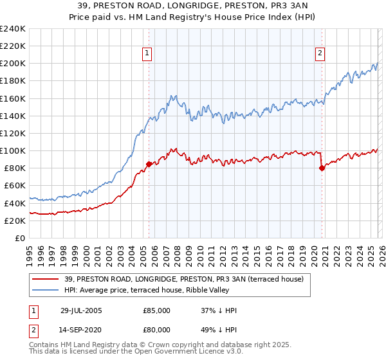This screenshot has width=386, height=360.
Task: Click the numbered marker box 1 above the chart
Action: coord(148,54)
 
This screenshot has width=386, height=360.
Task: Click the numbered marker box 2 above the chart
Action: coord(320,54)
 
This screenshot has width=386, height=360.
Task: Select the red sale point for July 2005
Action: coord(149,164)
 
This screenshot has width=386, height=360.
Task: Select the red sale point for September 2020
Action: coord(322,168)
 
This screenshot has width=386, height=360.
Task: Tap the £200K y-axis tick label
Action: coord(13,64)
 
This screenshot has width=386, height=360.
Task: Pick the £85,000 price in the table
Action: coord(156,310)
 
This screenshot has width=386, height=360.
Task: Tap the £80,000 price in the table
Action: coord(156,330)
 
